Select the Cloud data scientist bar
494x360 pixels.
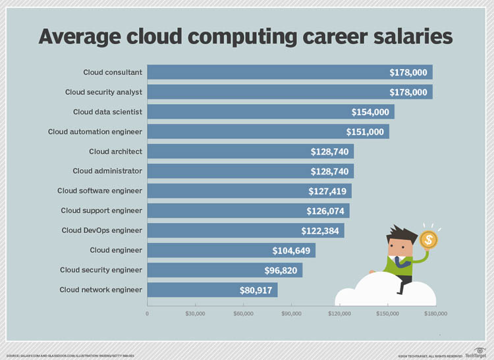(x=270, y=112)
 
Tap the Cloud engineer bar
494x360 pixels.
(x=231, y=250)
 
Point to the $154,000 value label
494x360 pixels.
(x=371, y=113)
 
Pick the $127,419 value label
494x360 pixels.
(x=329, y=192)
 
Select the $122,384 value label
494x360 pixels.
(x=322, y=231)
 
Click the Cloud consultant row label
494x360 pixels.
(x=112, y=72)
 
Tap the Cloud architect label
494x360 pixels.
(x=115, y=151)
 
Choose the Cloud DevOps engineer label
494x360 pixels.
(x=101, y=230)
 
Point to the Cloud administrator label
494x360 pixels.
(x=107, y=171)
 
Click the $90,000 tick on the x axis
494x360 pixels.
(x=291, y=314)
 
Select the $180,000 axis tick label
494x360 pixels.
(x=435, y=314)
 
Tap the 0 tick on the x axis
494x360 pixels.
(x=147, y=314)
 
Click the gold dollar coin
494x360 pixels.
(x=429, y=240)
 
